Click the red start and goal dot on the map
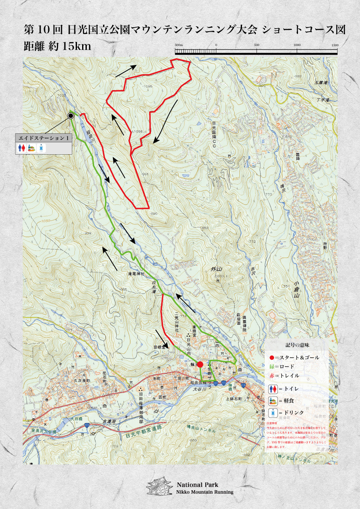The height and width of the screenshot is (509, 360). [x=200, y=365]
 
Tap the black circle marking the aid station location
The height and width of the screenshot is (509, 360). [x=71, y=115]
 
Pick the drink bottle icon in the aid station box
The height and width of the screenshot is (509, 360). [x=41, y=148]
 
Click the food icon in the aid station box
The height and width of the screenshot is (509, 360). [x=31, y=148]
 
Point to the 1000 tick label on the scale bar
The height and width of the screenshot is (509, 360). [x=296, y=45]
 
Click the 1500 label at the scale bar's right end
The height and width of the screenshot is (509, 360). [x=335, y=45]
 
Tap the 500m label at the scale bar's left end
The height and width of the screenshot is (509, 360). [x=179, y=45]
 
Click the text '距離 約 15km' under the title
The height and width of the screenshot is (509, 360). [x=57, y=46]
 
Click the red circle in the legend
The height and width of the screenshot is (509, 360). [x=271, y=357]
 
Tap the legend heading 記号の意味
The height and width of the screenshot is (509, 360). [x=297, y=344]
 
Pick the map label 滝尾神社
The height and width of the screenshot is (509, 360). [x=137, y=274]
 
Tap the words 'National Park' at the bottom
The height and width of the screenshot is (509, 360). [x=198, y=485]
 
